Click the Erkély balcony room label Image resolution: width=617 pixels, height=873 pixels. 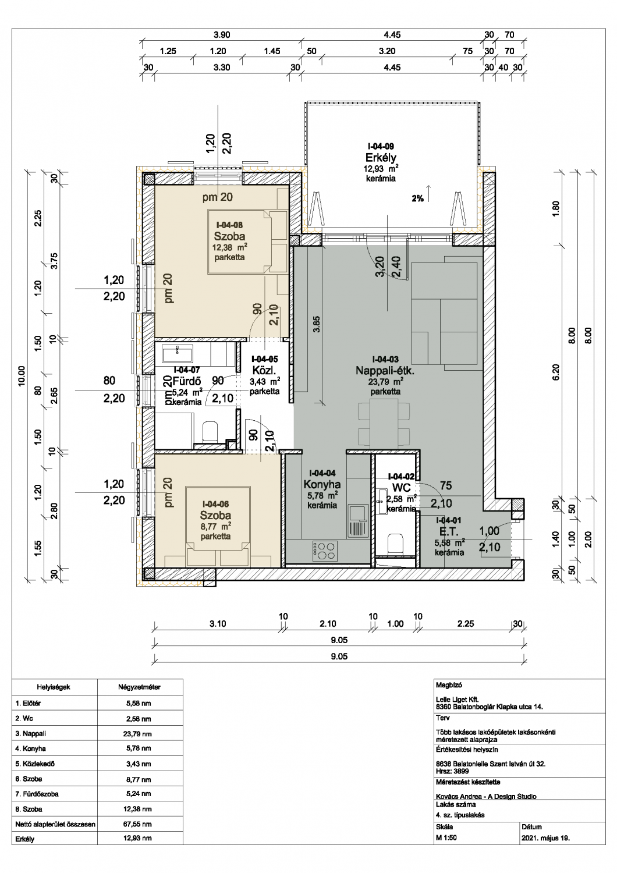[381, 158]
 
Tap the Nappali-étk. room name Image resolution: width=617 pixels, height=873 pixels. [385, 370]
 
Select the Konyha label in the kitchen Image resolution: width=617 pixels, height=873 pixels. [322, 484]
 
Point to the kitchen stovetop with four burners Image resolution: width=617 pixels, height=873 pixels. [324, 551]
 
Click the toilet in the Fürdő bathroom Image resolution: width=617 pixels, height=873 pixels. [211, 432]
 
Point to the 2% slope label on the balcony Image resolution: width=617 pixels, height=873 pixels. [417, 199]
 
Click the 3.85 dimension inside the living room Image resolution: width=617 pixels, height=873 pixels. [317, 324]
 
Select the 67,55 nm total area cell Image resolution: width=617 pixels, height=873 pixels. [140, 824]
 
